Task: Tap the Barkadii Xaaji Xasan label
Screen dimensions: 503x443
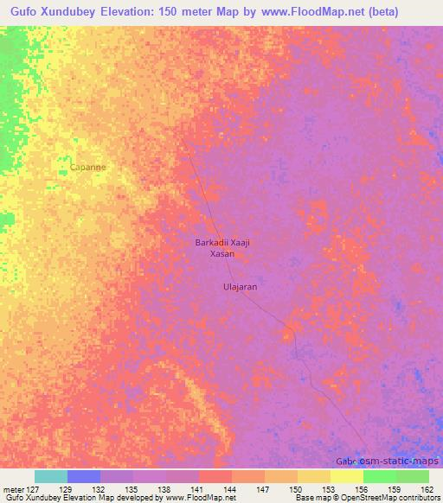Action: [221, 249]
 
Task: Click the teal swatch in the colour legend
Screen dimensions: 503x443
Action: [50, 476]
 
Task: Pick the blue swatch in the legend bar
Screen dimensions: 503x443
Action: [84, 476]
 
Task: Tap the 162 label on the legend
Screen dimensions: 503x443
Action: [427, 489]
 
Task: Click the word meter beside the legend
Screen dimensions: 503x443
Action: [15, 489]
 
